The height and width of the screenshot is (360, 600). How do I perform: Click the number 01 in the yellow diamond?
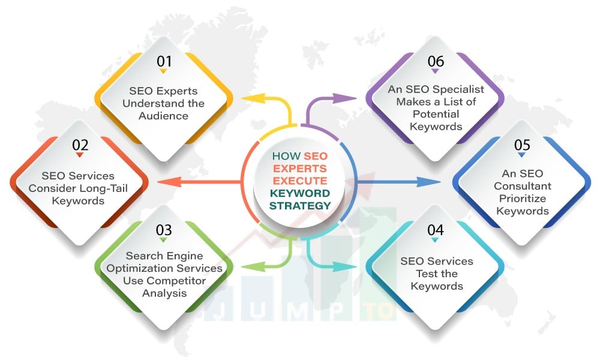pyautogui.click(x=164, y=61)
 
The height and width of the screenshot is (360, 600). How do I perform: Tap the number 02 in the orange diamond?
pyautogui.click(x=80, y=145)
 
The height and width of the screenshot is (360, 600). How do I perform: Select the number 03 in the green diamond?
pyautogui.click(x=164, y=230)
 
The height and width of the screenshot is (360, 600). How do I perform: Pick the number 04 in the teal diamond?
pyautogui.click(x=436, y=230)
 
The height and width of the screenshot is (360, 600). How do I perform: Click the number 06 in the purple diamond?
pyautogui.click(x=436, y=61)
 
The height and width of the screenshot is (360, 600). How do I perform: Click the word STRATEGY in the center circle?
pyautogui.click(x=300, y=206)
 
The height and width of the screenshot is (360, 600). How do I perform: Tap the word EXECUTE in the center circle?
pyautogui.click(x=300, y=181)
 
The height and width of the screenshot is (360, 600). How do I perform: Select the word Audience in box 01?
pyautogui.click(x=163, y=115)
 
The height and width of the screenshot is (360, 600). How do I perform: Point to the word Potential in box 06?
pyautogui.click(x=436, y=114)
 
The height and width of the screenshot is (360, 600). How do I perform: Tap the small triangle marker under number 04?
pyautogui.click(x=436, y=241)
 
